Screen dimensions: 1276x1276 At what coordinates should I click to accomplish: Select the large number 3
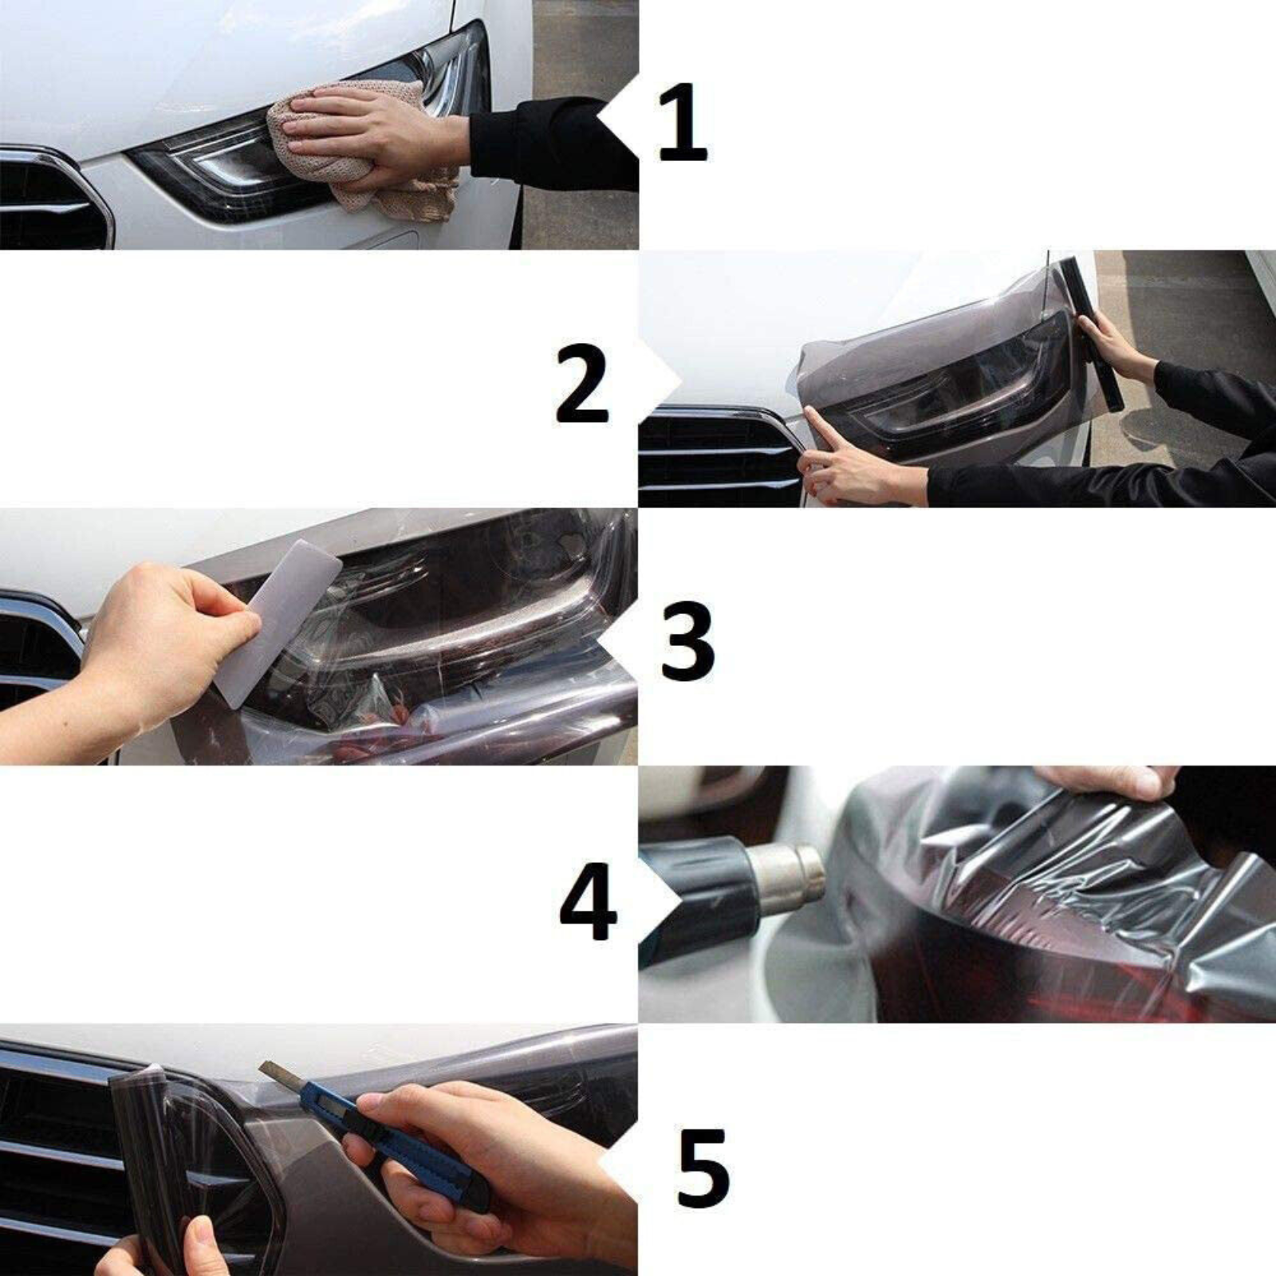coord(687,643)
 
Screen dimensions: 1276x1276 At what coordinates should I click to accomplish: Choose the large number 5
coord(702,1166)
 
